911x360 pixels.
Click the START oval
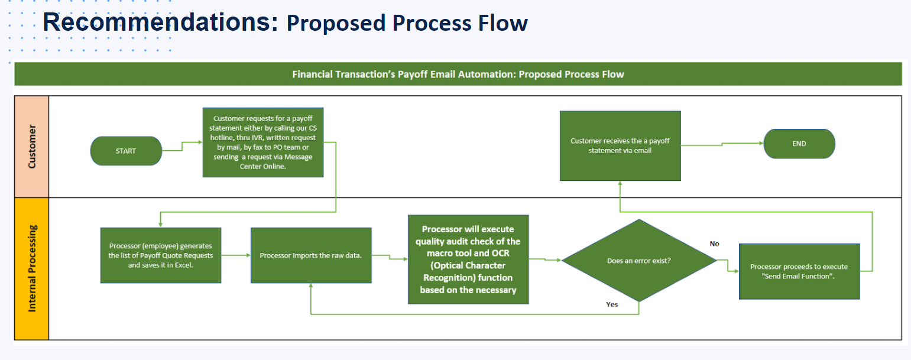click(125, 151)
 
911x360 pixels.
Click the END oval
click(799, 144)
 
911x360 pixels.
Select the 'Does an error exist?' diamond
click(638, 261)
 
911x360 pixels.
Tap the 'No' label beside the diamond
click(714, 244)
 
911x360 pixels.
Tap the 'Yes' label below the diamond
click(612, 304)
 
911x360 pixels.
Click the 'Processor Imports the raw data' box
click(311, 255)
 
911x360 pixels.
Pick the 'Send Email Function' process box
click(799, 271)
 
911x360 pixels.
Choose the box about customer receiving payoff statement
click(620, 145)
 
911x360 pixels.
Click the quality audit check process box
click(468, 260)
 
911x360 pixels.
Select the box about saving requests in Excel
click(161, 255)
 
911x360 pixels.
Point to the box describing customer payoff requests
click(262, 142)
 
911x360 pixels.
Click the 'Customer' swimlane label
click(31, 146)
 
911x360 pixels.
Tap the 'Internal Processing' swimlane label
click(31, 268)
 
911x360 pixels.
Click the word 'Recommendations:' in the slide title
click(160, 22)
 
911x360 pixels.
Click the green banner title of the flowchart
click(458, 74)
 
